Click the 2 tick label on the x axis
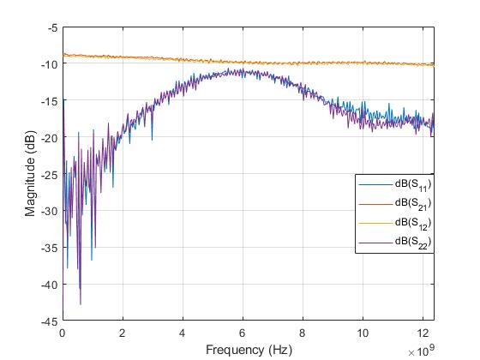tap(123, 333)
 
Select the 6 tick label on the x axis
tap(243, 333)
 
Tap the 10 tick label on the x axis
tap(363, 333)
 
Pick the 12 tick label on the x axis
tap(423, 333)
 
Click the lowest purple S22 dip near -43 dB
tap(81, 303)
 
